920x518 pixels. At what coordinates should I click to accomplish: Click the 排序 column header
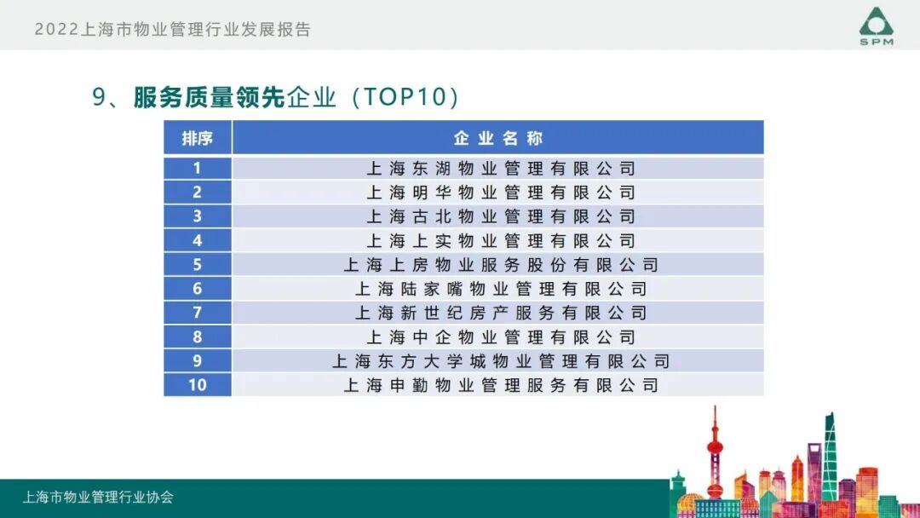tap(197, 138)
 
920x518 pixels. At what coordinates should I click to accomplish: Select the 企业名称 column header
tap(498, 138)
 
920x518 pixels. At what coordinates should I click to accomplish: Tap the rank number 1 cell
tap(197, 168)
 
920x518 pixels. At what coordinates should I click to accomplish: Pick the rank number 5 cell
tap(197, 264)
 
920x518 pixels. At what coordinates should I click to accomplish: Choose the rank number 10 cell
tap(197, 385)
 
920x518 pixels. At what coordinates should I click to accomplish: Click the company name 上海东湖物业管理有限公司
tap(501, 169)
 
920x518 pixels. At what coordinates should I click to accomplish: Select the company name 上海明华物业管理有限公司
tap(501, 193)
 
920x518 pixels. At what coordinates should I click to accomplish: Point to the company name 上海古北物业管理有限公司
tap(501, 216)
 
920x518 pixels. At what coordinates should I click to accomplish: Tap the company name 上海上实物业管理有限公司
tap(501, 240)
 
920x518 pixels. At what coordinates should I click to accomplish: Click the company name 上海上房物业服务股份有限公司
tap(501, 265)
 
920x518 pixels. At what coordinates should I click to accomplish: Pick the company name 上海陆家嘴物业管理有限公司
tap(501, 289)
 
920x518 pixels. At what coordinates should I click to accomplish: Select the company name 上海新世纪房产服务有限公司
tap(501, 313)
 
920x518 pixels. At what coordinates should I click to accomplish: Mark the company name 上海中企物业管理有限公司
tap(501, 337)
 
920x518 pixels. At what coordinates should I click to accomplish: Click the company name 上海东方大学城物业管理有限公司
tap(501, 361)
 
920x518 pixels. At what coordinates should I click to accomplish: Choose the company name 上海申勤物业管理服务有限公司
tap(501, 385)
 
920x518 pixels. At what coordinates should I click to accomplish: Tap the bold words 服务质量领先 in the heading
tap(209, 97)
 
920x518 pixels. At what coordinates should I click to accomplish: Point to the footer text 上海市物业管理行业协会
tap(98, 497)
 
